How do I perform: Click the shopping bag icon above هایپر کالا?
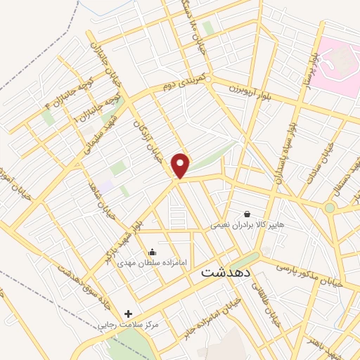point(247,214)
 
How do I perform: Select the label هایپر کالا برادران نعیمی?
point(246,226)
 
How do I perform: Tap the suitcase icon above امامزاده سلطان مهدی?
point(153,252)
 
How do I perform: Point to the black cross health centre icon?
point(128,313)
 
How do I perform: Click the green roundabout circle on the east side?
point(329,207)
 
